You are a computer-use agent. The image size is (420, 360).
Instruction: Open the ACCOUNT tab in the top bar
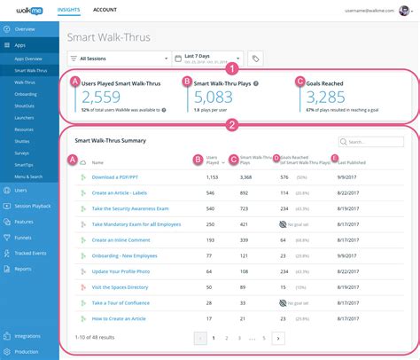pos(105,10)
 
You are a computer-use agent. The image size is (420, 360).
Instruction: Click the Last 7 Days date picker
pos(210,59)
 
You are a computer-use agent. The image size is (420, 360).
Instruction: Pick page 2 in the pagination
pos(226,338)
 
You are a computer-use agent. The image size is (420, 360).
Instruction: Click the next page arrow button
pos(278,338)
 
